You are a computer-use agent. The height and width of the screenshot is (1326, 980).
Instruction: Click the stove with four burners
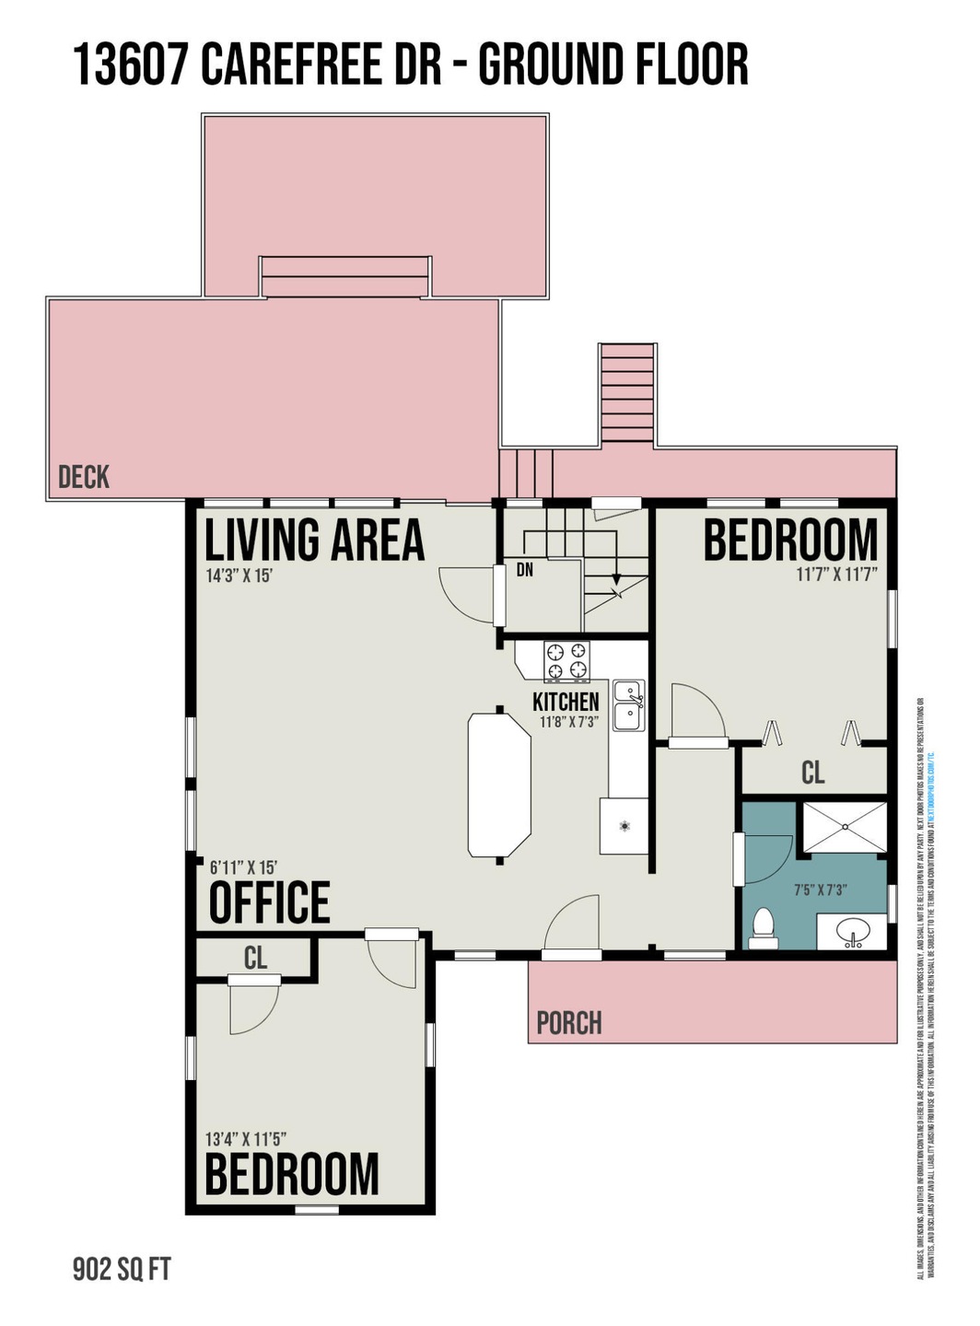tap(566, 660)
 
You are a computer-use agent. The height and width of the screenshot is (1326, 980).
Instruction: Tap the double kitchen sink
tap(629, 705)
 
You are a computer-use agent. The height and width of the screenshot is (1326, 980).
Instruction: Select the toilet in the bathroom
tap(764, 928)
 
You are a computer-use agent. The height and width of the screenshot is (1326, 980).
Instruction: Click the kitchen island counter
tap(499, 785)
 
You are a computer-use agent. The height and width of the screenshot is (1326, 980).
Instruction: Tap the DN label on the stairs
tap(525, 570)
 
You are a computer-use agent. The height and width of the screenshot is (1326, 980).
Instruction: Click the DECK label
tap(84, 477)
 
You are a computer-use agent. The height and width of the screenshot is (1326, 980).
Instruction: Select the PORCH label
tap(569, 1023)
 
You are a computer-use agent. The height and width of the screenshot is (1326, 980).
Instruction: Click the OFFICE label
tap(269, 902)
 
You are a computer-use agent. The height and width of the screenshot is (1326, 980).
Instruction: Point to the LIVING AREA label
tap(314, 541)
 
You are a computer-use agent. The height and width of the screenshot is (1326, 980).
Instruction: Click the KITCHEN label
tap(566, 702)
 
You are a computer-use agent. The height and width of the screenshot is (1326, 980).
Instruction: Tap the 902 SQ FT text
tap(122, 1270)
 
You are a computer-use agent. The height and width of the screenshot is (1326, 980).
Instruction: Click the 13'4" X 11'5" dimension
tap(252, 1139)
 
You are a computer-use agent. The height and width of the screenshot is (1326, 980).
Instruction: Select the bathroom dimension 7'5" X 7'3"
tap(820, 890)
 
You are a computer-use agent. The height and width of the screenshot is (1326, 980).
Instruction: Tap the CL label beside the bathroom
tap(812, 773)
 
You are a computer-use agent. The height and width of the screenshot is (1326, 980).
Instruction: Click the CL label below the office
tap(255, 959)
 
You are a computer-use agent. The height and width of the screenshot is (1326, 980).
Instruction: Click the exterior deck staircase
tap(627, 394)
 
